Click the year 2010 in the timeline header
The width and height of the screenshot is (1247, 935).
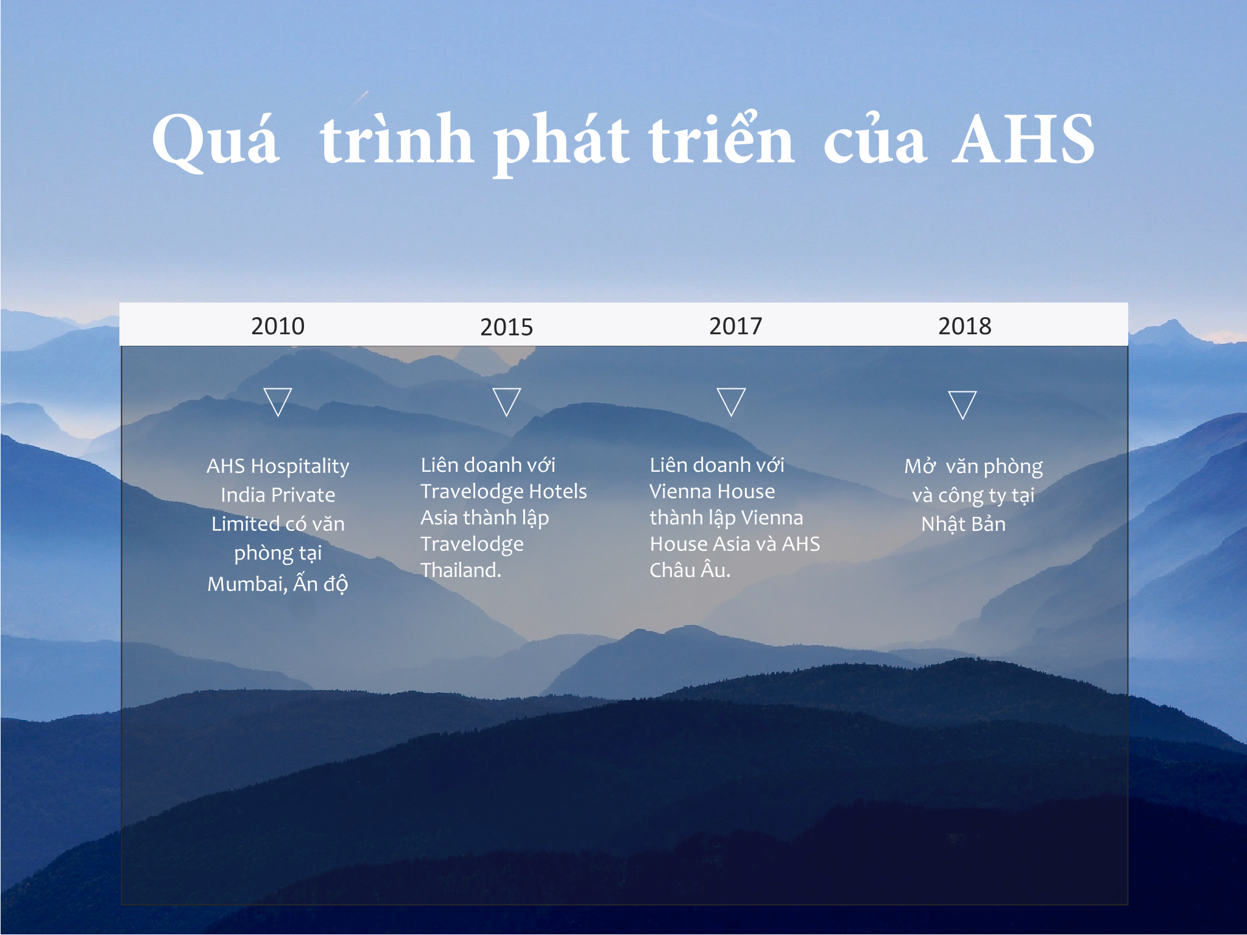278,326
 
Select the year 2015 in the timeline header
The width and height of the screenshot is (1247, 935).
506,327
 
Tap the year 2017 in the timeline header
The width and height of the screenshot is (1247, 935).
735,326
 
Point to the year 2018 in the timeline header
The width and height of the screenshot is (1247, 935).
964,326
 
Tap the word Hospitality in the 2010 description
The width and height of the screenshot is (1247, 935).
300,467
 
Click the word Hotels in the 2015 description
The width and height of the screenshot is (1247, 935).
557,491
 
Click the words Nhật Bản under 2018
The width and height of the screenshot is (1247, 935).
963,523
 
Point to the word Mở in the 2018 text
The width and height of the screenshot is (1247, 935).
920,466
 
